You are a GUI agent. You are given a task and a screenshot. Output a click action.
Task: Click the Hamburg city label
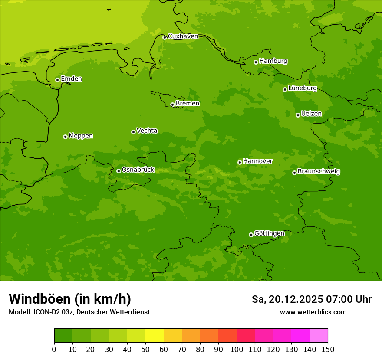(273, 61)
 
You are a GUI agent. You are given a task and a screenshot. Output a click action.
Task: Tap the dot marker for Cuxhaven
(165, 37)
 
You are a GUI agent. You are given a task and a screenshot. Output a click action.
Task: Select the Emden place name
(71, 79)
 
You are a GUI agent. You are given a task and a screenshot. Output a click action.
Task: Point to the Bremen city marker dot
(172, 105)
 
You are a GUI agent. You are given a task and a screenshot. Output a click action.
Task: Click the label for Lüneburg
(302, 88)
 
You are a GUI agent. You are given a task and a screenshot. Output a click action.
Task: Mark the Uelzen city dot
(298, 115)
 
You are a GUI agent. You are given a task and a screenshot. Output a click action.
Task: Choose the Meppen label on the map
(81, 136)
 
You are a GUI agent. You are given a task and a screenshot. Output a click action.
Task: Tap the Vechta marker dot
(133, 132)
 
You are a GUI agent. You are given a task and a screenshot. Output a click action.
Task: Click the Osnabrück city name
(138, 170)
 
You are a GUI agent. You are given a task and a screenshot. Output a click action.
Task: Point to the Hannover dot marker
(240, 162)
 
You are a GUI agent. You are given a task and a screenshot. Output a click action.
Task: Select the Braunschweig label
(319, 172)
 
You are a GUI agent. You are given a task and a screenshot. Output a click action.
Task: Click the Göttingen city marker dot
(251, 235)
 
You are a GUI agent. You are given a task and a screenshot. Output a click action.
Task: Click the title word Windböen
(40, 299)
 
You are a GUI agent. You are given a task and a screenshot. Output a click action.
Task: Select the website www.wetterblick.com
(313, 312)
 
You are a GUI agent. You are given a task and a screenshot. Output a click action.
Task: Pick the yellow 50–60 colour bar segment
(155, 336)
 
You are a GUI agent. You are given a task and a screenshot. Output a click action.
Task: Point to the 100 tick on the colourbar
(237, 349)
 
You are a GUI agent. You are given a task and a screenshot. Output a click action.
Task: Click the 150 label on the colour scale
(328, 349)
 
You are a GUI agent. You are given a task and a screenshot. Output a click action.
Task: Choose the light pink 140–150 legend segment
(319, 336)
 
